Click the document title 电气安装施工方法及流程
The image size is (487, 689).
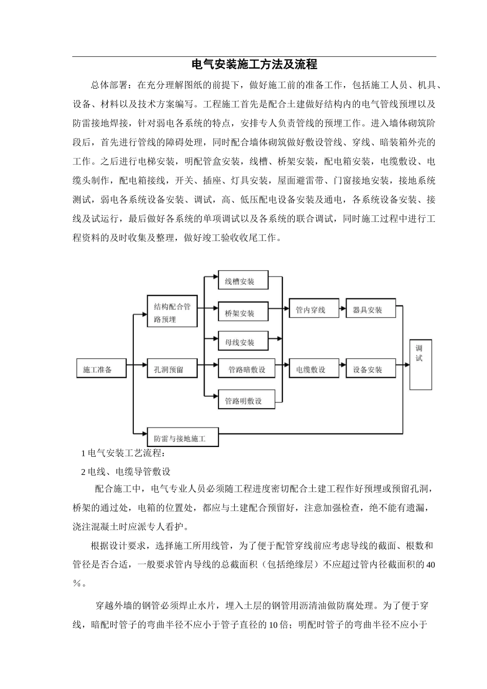point(254,65)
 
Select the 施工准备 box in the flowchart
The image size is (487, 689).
point(101,369)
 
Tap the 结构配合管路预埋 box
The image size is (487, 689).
point(172,312)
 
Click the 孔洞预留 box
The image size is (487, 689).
point(172,369)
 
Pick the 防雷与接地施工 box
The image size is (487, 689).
point(183,439)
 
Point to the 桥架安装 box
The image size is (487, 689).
point(243,312)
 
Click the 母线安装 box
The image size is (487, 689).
point(243,341)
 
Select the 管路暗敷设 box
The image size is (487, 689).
point(247,369)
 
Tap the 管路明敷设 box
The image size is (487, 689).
point(247,400)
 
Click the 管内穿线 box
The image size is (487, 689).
point(314,309)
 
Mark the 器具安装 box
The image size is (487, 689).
point(370,309)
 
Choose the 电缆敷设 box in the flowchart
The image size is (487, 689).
point(314,369)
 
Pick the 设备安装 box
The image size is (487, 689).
point(370,369)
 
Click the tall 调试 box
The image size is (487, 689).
point(420,364)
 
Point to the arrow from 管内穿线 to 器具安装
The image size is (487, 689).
point(342,309)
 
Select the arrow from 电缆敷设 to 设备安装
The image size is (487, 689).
point(342,369)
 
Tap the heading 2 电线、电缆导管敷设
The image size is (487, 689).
point(126,471)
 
